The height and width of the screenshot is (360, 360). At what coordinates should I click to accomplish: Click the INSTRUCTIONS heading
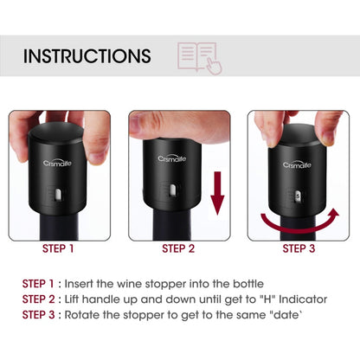tap(87, 57)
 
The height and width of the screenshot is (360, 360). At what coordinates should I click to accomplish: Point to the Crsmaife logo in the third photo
tap(299, 164)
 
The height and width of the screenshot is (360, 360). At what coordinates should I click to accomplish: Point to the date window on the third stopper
tap(298, 196)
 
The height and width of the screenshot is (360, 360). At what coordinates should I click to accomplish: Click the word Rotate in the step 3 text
tap(93, 313)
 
